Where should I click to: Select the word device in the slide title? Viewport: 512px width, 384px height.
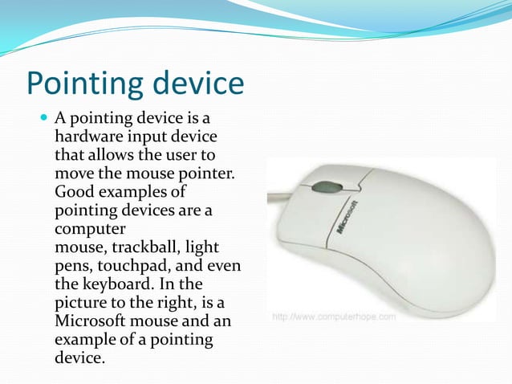pos(197,84)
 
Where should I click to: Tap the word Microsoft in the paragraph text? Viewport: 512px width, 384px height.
pos(90,321)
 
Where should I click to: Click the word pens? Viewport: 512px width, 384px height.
pos(71,265)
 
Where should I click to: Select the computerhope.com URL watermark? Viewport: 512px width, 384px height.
pos(334,317)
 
